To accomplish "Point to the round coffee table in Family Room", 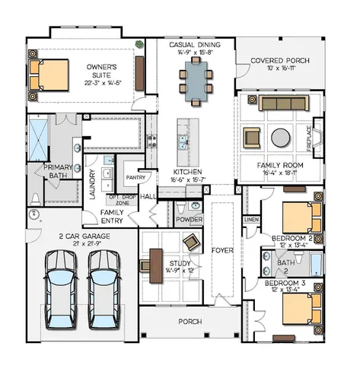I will pyautogui.click(x=281, y=138).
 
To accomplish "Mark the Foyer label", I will pyautogui.click(x=222, y=248).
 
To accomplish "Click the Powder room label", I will pyautogui.click(x=189, y=220).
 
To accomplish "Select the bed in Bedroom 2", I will pyautogui.click(x=298, y=217).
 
